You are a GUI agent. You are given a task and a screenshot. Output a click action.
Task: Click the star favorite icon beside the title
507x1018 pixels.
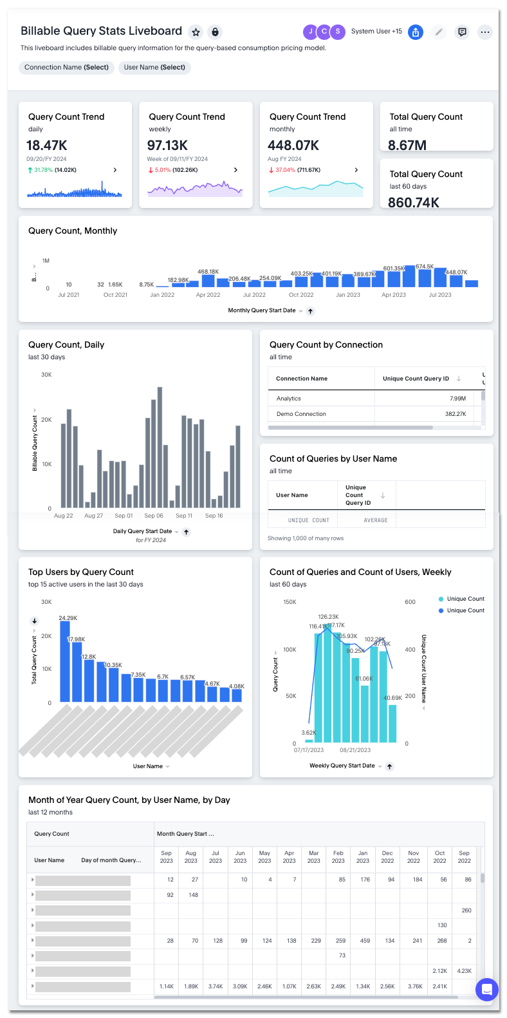click(x=196, y=32)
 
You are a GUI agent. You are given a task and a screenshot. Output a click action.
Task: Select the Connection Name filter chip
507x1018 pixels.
click(x=66, y=68)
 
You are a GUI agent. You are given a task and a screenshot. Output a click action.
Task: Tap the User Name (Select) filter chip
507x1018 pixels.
click(x=154, y=68)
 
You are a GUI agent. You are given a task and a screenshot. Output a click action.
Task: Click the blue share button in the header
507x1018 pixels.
click(x=416, y=32)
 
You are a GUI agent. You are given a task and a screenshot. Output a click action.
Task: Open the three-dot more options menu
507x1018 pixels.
click(x=485, y=32)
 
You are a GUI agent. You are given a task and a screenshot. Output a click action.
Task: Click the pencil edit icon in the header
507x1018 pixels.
click(x=439, y=32)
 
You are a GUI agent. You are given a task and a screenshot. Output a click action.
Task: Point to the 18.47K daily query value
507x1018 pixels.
click(x=47, y=146)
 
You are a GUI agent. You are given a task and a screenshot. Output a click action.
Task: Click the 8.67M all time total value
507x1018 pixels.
click(x=407, y=146)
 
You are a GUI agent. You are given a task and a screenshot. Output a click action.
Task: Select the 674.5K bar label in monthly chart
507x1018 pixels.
click(x=425, y=267)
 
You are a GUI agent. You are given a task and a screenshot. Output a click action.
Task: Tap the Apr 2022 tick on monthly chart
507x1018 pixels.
click(x=208, y=295)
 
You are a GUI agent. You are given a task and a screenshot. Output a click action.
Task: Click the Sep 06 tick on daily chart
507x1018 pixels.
click(x=154, y=516)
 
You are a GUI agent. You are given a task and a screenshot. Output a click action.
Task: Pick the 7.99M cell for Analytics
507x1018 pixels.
click(x=457, y=399)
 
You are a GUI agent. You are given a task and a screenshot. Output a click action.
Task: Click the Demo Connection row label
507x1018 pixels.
click(x=301, y=414)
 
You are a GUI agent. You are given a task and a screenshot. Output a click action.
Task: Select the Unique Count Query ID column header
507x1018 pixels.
click(x=416, y=379)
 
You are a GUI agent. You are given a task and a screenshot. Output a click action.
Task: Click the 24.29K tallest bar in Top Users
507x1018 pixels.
click(x=64, y=660)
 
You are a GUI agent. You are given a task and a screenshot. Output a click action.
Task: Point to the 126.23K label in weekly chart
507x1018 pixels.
click(x=328, y=617)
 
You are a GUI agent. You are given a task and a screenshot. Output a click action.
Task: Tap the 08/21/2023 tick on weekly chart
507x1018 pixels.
click(x=355, y=750)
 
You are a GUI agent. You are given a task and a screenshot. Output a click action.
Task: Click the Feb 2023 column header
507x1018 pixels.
click(x=338, y=856)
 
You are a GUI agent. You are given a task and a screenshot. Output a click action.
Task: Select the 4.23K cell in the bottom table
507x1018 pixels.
click(x=464, y=971)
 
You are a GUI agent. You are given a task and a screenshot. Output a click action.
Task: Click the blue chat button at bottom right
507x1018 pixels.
click(x=486, y=990)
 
